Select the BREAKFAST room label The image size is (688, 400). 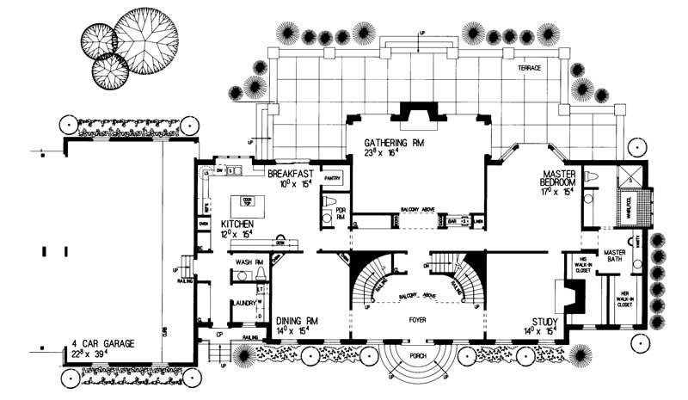pos(284,173)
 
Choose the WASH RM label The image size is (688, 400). pos(249,262)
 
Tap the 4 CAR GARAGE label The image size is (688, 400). pos(102,343)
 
